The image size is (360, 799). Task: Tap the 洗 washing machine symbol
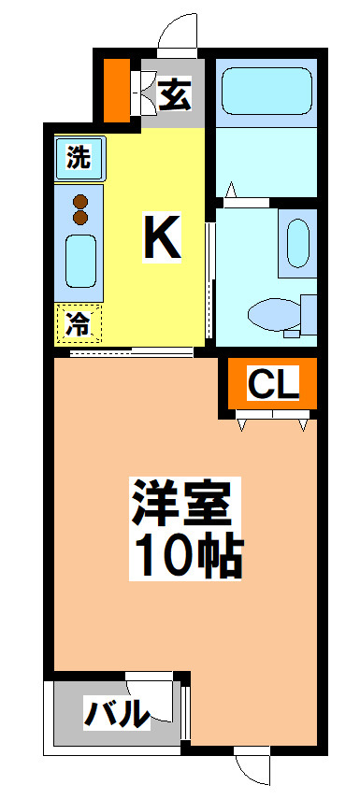click(80, 158)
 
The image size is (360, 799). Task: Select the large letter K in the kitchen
click(162, 237)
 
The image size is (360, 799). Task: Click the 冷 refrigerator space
click(79, 323)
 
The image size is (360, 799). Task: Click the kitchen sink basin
click(80, 261)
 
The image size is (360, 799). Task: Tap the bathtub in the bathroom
click(266, 92)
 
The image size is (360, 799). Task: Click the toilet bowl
click(274, 314)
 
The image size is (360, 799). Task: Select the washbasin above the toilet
click(297, 243)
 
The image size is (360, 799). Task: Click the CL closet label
click(273, 386)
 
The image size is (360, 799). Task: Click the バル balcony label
click(117, 713)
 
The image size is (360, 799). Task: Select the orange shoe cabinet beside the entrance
click(117, 91)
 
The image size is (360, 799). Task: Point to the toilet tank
click(309, 314)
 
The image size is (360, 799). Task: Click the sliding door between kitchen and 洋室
click(132, 351)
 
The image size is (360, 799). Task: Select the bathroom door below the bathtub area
click(246, 202)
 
